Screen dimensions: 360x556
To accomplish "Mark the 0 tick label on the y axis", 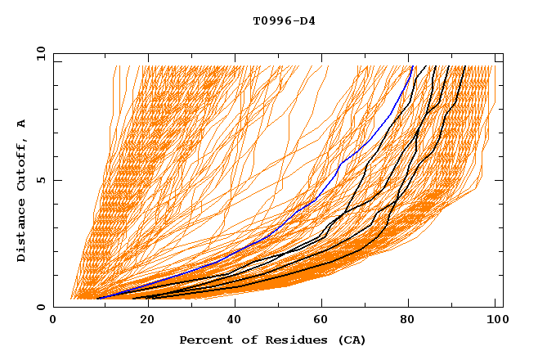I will click(x=41, y=308).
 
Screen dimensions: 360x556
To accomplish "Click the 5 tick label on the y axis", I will click(x=41, y=180).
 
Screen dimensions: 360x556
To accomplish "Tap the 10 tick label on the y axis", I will click(x=38, y=53).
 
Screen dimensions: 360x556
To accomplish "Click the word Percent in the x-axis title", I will click(x=204, y=340).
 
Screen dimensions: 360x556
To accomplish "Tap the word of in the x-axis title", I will click(x=244, y=340).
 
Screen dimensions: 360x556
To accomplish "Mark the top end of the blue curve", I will click(x=414, y=66).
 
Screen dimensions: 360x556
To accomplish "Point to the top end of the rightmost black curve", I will click(x=465, y=66).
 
